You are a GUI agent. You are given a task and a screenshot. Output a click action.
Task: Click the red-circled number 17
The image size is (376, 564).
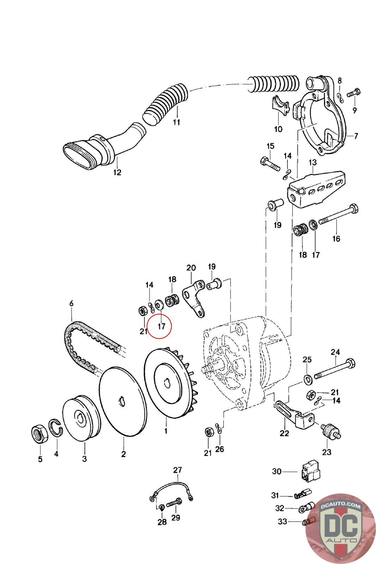(161, 326)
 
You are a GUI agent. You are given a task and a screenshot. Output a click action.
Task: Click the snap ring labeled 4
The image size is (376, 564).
(56, 428)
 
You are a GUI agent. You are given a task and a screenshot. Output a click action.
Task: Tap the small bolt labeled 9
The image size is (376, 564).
(352, 94)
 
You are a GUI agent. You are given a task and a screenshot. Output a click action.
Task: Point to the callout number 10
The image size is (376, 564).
(278, 129)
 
